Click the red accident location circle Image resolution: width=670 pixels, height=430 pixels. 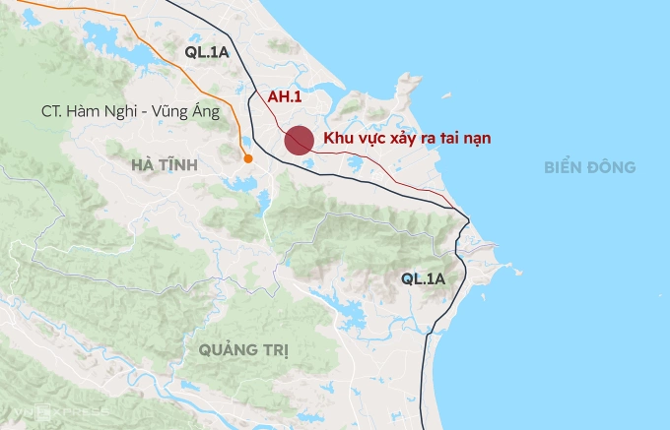[300, 141]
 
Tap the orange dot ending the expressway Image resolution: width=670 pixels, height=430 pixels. [247, 157]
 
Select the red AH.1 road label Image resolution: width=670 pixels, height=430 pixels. [285, 97]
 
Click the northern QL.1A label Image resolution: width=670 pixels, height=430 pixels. [207, 52]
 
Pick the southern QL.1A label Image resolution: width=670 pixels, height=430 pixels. [424, 279]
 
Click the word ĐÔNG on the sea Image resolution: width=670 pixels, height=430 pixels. [613, 167]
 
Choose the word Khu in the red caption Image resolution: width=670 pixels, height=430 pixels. [340, 139]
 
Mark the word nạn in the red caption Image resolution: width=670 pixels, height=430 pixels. [475, 139]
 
